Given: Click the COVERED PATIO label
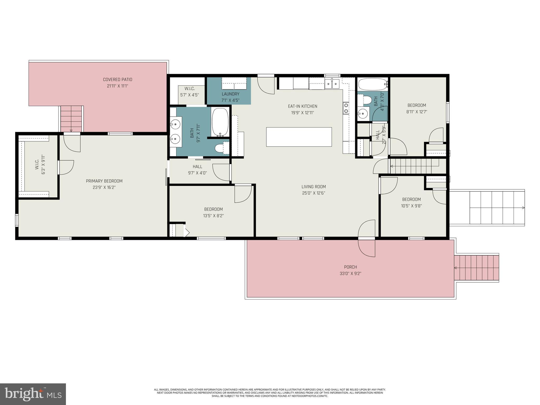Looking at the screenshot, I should tap(117, 79).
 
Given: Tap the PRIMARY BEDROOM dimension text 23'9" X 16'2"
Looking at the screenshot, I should tap(104, 187).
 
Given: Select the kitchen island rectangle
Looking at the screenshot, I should tap(299, 137).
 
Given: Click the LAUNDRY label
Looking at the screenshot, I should tap(230, 94).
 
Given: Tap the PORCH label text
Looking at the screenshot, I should tap(350, 267).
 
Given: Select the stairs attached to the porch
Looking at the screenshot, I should tap(477, 268).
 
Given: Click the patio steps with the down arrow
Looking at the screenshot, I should tap(71, 119).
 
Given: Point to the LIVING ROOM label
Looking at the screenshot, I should tap(314, 187).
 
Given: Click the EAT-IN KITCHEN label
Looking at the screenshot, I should tap(302, 106).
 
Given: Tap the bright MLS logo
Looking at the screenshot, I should tap(33, 394).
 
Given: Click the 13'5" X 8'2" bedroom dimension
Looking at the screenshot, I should tap(213, 216).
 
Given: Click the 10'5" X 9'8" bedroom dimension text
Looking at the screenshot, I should tap(411, 206).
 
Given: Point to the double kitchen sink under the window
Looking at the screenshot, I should tap(332, 84).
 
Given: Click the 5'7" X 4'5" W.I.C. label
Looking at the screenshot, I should tap(189, 95).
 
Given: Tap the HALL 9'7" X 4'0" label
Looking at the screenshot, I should tap(197, 170).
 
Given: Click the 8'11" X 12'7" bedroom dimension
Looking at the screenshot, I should tap(417, 112).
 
